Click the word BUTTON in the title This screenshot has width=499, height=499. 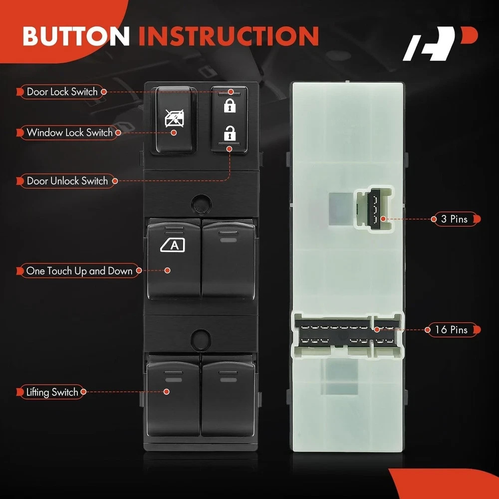coord(76,35)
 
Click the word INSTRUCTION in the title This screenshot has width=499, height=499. coord(229,35)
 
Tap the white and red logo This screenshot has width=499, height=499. coord(440,43)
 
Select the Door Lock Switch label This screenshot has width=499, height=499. coord(62,92)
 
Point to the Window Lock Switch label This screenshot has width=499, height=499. coord(69,132)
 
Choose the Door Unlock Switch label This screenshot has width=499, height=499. coord(67,181)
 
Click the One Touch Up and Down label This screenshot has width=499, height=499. coord(79,271)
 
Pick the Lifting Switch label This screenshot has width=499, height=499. coord(51,392)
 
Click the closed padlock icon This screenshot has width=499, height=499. coord(230,105)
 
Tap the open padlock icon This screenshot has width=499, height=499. coord(230,133)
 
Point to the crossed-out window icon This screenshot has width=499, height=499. coord(174,118)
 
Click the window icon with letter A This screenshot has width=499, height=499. coord(173,246)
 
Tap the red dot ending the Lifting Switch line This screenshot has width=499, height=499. coord(166,392)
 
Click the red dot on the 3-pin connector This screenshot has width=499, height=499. coord(383,219)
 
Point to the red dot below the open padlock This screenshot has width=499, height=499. coord(230,149)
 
